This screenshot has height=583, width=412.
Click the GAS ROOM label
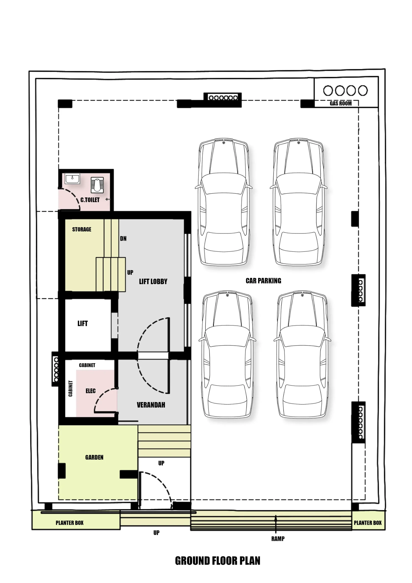pyautogui.click(x=341, y=103)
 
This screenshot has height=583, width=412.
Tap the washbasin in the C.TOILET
pyautogui.click(x=72, y=178)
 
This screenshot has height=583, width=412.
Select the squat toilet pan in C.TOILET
pyautogui.click(x=97, y=185)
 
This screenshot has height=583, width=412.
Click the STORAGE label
pyautogui.click(x=81, y=229)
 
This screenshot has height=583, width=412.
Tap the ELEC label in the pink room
pyautogui.click(x=91, y=391)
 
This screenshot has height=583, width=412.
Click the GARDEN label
pyautogui.click(x=94, y=457)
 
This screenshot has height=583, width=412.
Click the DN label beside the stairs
pyautogui.click(x=123, y=238)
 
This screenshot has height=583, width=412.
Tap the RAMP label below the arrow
pyautogui.click(x=278, y=539)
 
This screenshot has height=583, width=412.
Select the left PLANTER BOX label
pyautogui.click(x=70, y=523)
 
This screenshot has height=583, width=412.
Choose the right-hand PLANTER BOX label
pyautogui.click(x=368, y=523)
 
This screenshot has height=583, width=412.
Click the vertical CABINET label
pyautogui.click(x=71, y=388)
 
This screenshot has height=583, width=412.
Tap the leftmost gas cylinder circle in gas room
pyautogui.click(x=328, y=90)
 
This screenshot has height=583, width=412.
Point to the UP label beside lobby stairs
pyautogui.click(x=130, y=272)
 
